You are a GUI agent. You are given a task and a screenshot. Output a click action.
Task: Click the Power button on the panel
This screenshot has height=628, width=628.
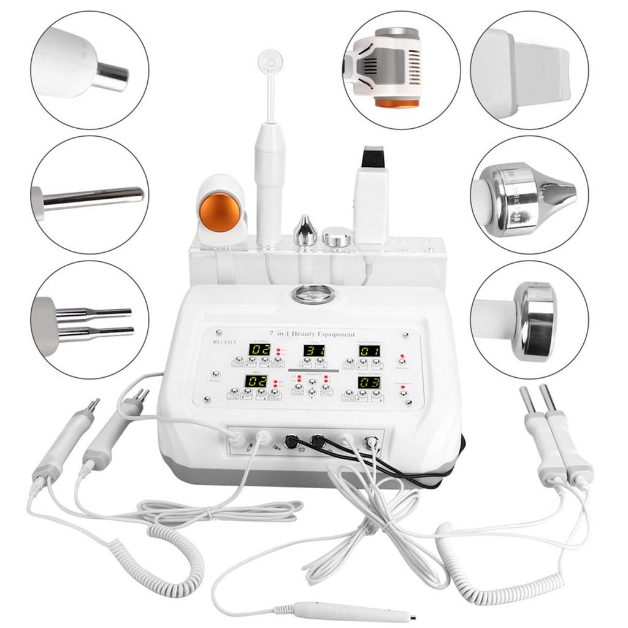point(215,374)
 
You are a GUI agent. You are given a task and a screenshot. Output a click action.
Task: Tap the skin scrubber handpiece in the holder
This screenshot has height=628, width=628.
point(371,196)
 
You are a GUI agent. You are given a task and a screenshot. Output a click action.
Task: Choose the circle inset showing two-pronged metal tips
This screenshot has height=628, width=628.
point(90,320)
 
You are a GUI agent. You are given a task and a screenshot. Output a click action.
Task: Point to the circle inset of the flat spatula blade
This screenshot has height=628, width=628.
point(529,71)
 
